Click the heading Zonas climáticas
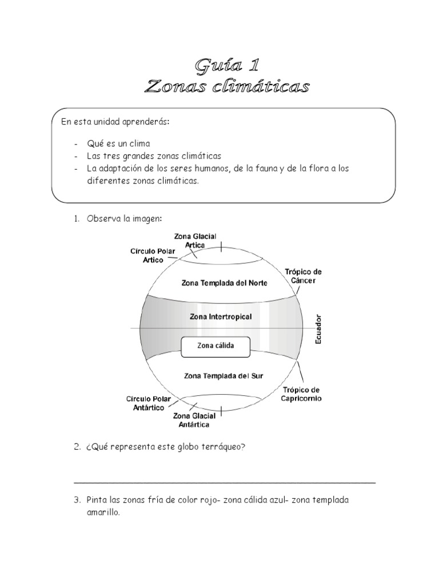[227, 87]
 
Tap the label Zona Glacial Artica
[195, 241]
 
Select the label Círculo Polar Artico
[149, 255]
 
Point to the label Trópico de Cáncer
[303, 276]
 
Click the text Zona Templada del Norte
[224, 282]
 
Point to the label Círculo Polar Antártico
[146, 403]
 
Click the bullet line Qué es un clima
[118, 143]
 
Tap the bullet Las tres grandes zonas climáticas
[154, 155]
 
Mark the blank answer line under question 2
[224, 482]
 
